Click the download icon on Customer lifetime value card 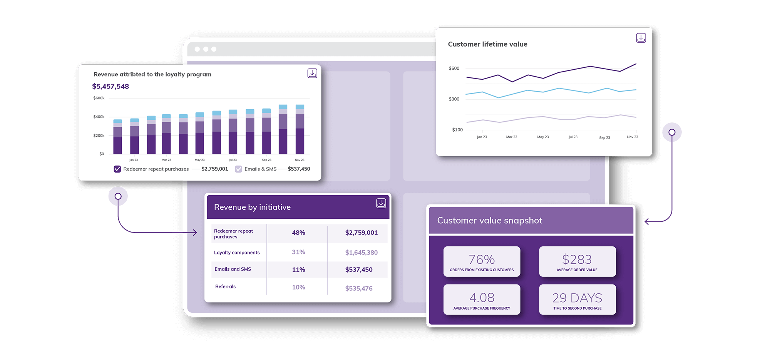(641, 38)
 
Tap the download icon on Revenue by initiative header (381, 203)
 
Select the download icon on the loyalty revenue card (312, 73)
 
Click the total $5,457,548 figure (110, 86)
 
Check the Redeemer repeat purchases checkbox (117, 169)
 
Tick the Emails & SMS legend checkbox (239, 169)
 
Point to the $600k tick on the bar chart (99, 98)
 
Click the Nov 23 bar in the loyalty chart (300, 131)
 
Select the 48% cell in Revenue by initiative (298, 233)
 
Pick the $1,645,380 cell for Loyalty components (361, 253)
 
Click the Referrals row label (225, 286)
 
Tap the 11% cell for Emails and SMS (298, 270)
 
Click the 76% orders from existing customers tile (482, 261)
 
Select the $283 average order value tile (577, 261)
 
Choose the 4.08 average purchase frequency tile (482, 300)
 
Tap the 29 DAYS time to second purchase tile (577, 300)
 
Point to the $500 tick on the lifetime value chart (454, 68)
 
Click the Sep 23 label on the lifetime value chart (604, 137)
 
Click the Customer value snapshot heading (489, 220)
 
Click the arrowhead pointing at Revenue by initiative (195, 233)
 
